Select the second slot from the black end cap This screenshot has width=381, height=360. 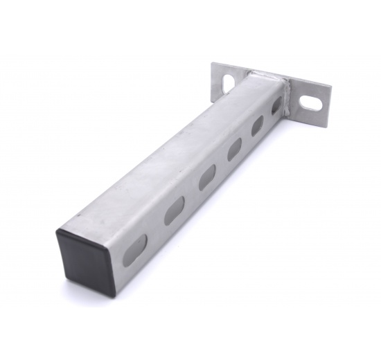click(x=174, y=210)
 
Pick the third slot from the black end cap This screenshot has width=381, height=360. click(x=207, y=178)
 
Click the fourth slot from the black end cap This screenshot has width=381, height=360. click(x=235, y=148)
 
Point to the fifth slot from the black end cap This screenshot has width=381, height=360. click(x=258, y=125)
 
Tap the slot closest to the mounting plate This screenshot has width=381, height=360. click(x=277, y=105)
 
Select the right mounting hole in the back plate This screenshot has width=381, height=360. click(x=312, y=104)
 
